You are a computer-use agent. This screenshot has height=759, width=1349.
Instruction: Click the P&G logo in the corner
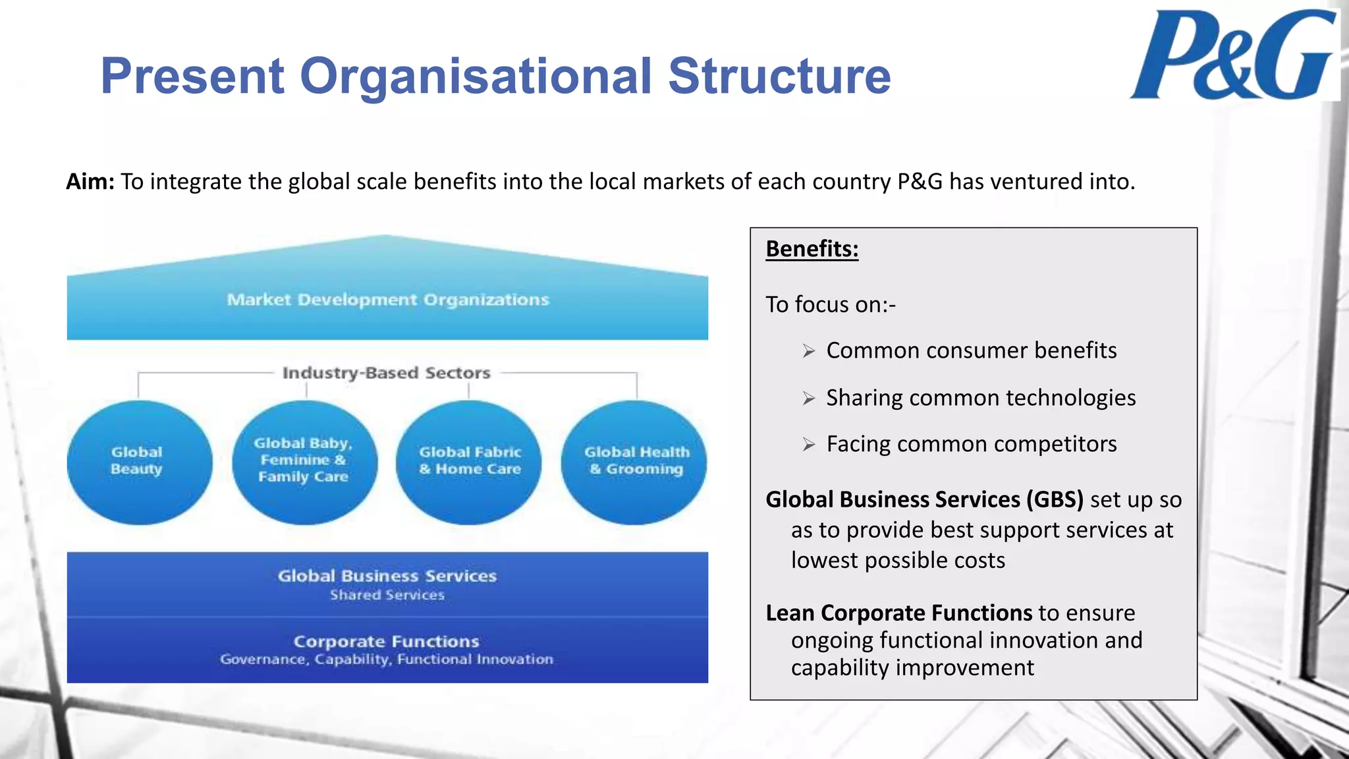pyautogui.click(x=1233, y=55)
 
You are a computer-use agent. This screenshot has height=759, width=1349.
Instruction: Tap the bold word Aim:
pyautogui.click(x=90, y=182)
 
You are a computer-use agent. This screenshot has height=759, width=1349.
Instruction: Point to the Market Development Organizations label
pyautogui.click(x=388, y=300)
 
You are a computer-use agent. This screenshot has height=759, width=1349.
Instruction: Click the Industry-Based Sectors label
pyautogui.click(x=387, y=373)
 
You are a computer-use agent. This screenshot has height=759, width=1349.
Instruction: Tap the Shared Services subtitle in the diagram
pyautogui.click(x=387, y=595)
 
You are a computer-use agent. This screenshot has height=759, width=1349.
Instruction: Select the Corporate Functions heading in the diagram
pyautogui.click(x=387, y=641)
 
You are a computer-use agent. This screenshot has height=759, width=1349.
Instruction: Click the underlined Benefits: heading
pyautogui.click(x=812, y=249)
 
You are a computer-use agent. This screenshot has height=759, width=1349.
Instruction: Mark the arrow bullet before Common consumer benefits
pyautogui.click(x=809, y=351)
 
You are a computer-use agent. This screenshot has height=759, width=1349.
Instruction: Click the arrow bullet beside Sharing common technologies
pyautogui.click(x=809, y=399)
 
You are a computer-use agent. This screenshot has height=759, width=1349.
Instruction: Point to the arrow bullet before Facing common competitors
pyautogui.click(x=809, y=445)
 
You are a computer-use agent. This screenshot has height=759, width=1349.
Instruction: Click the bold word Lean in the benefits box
pyautogui.click(x=790, y=613)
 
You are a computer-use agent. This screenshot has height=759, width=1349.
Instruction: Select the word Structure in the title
pyautogui.click(x=779, y=76)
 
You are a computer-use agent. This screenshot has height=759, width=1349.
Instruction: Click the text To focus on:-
pyautogui.click(x=831, y=304)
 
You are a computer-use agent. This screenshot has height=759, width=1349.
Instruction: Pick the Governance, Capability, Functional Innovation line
pyautogui.click(x=387, y=660)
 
